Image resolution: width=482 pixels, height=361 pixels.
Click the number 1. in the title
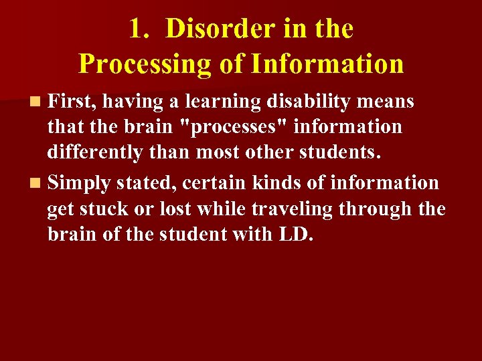coord(141,29)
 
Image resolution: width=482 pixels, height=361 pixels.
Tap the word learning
coord(223,102)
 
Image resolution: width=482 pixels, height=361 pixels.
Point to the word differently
coord(94,153)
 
